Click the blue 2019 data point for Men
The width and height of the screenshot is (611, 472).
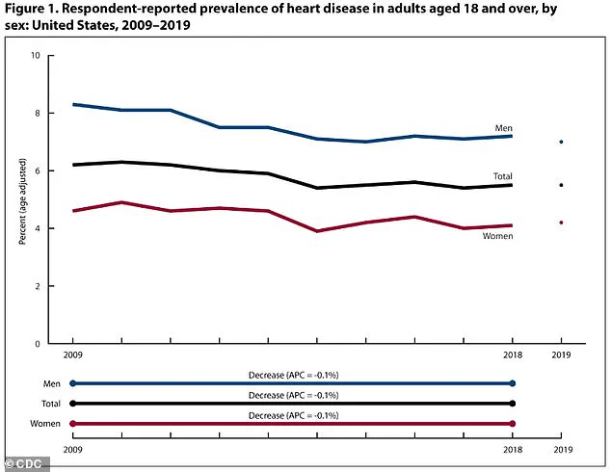(561, 142)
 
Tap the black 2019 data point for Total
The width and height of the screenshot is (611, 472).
(561, 185)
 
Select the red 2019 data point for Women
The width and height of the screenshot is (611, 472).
(561, 223)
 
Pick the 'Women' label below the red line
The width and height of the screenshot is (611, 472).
(498, 236)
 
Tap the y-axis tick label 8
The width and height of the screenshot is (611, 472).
(37, 114)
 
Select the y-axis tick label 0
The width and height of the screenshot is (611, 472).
(37, 344)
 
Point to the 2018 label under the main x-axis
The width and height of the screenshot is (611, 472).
(513, 356)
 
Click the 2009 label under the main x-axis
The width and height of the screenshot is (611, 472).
(72, 356)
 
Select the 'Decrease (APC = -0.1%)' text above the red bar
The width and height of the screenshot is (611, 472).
(292, 415)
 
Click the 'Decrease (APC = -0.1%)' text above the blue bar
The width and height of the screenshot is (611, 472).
(292, 375)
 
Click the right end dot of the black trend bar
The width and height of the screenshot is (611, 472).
(513, 404)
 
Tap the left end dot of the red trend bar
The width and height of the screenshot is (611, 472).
(72, 424)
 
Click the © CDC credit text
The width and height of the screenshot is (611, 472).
(23, 463)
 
